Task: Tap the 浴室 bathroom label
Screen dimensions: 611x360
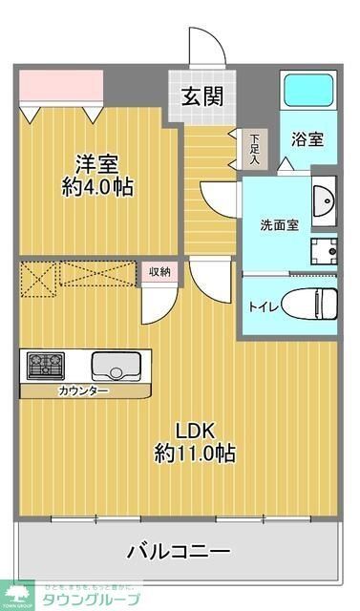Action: pos(307,138)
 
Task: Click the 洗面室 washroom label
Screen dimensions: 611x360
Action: pos(281,225)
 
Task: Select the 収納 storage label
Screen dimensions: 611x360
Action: pos(159,272)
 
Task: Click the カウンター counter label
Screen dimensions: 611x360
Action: pos(83,391)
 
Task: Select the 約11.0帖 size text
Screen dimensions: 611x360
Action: pos(195,453)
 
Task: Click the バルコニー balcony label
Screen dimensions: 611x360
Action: pos(179,551)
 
